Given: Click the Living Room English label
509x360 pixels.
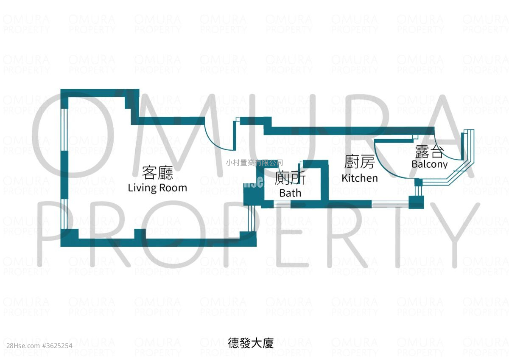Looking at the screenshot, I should [157, 188].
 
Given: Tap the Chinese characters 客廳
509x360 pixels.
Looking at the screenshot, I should [157, 173].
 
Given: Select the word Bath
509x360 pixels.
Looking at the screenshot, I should [290, 193].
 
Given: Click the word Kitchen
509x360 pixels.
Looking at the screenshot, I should [360, 178].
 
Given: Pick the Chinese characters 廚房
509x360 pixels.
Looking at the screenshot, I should [360, 163].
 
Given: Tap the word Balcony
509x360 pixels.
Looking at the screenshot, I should [429, 164].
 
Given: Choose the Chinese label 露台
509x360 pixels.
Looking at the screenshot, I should [429, 152].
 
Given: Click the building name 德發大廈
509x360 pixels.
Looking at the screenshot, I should [251, 343].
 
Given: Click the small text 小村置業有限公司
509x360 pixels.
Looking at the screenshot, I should [254, 162].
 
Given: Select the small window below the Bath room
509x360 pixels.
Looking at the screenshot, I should [282, 205].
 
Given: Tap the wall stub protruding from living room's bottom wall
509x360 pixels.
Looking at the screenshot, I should [140, 233].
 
